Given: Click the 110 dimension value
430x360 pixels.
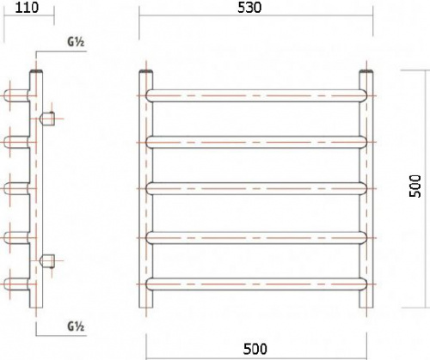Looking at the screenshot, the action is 27,8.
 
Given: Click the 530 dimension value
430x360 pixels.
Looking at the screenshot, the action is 249,8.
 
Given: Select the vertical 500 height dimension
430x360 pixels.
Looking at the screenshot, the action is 415,186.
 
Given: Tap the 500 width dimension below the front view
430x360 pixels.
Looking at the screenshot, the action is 255,349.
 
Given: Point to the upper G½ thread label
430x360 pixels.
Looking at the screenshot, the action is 76,42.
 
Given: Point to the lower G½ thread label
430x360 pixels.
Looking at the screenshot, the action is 76,326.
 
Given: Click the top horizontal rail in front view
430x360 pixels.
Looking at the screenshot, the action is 256,95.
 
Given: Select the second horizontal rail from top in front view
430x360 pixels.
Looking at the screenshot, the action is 256,143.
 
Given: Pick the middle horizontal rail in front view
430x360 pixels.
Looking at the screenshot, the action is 256,188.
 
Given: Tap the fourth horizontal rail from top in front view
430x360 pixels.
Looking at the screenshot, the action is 256,238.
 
